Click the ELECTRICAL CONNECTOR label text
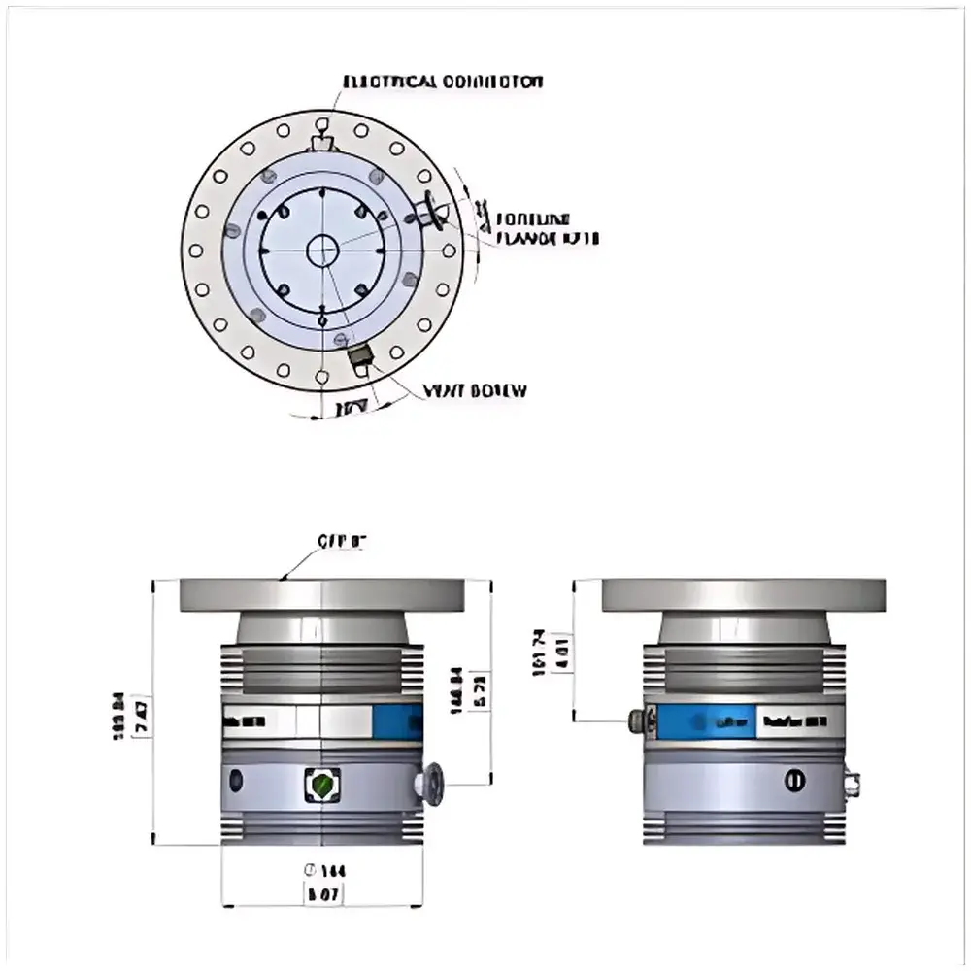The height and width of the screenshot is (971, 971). coord(444,82)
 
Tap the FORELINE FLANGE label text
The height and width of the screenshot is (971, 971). coord(547,227)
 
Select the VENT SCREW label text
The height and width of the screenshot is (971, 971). coord(475,391)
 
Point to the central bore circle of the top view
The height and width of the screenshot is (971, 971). coord(321,251)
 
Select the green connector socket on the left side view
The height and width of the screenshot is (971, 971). coord(321,783)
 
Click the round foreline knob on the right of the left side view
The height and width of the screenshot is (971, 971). coord(429,783)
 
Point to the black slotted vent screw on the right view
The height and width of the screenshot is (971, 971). coord(794,780)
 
